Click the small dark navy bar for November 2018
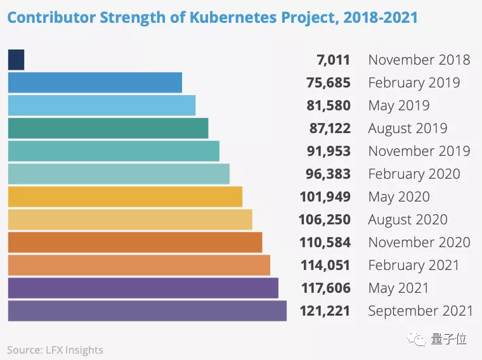(16, 60)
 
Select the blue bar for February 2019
(95, 82)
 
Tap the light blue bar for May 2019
(101, 105)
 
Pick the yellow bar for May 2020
(125, 196)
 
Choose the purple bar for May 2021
(143, 288)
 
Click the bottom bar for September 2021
(147, 311)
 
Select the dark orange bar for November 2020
(135, 242)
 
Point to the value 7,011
(333, 60)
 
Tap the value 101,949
(324, 197)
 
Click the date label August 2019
(407, 129)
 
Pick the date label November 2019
(419, 151)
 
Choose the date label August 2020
(407, 220)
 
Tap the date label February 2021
(414, 266)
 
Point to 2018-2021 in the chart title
(381, 16)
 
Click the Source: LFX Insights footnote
(55, 349)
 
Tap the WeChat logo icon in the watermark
(419, 339)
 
